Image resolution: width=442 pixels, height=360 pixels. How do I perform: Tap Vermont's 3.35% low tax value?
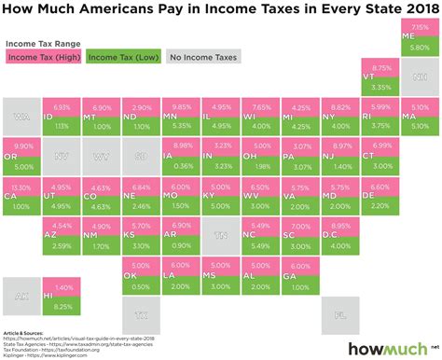(380, 86)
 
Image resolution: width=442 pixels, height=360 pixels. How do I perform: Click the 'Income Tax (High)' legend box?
(42, 57)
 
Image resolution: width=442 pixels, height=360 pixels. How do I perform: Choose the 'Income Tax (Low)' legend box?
(122, 57)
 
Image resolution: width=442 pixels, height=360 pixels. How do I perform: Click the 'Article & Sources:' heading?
(25, 332)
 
